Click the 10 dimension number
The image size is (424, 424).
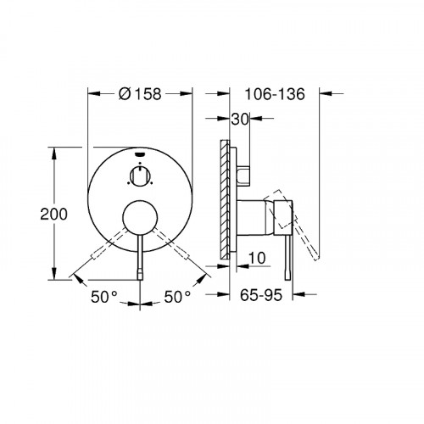(x=258, y=257)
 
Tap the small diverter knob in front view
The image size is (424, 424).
(x=141, y=176)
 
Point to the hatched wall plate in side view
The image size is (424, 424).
(x=225, y=197)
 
